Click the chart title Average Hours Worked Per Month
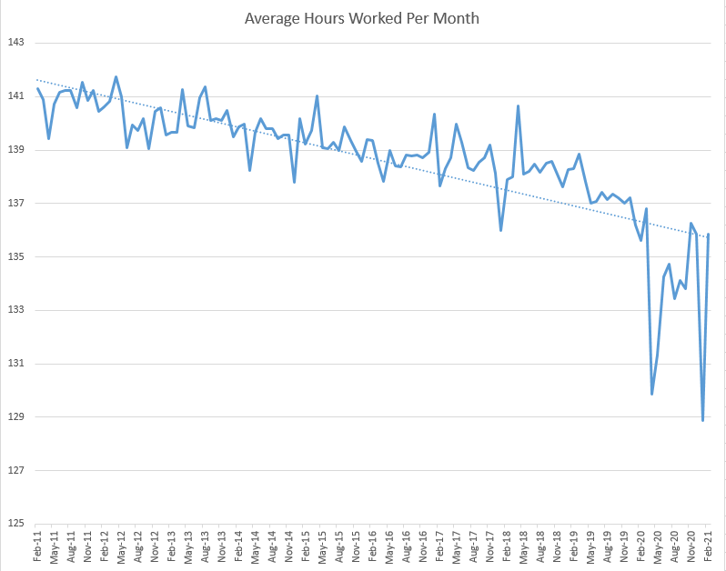tap(362, 18)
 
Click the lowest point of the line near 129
tap(703, 420)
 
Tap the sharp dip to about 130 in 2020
tap(652, 394)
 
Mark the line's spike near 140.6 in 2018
tap(518, 106)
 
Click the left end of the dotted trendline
tap(37, 80)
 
